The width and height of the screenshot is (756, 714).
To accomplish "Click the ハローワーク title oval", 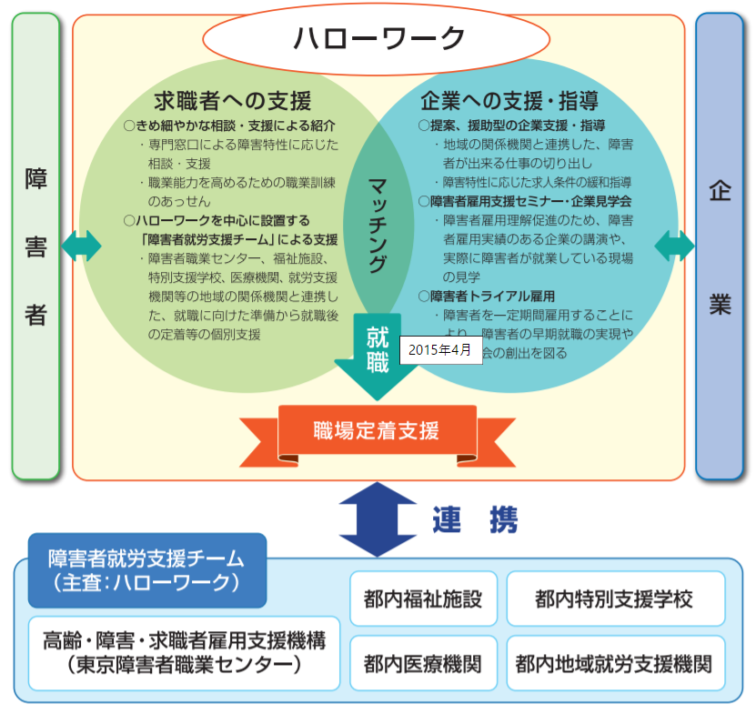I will (x=378, y=38).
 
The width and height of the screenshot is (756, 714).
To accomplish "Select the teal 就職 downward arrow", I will (x=377, y=359).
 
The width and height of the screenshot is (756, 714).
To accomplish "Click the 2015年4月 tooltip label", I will (x=440, y=350).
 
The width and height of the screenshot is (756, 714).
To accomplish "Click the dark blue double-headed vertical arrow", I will (x=377, y=519).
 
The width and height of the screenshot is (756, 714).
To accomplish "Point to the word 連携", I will (x=474, y=519).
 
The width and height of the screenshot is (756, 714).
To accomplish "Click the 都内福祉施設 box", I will (x=423, y=599).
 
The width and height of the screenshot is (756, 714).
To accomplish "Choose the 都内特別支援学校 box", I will (x=614, y=599).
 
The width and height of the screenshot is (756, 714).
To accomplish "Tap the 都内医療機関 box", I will (x=423, y=663).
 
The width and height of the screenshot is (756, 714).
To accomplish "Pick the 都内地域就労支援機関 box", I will (x=614, y=663).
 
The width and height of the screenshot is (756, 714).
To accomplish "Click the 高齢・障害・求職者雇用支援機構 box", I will (x=178, y=653).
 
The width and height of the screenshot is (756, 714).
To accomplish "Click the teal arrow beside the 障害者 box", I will (x=81, y=245).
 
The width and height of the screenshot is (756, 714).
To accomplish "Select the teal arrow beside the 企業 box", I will (x=674, y=245).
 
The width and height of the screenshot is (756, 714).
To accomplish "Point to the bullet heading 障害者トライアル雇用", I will (x=491, y=297).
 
